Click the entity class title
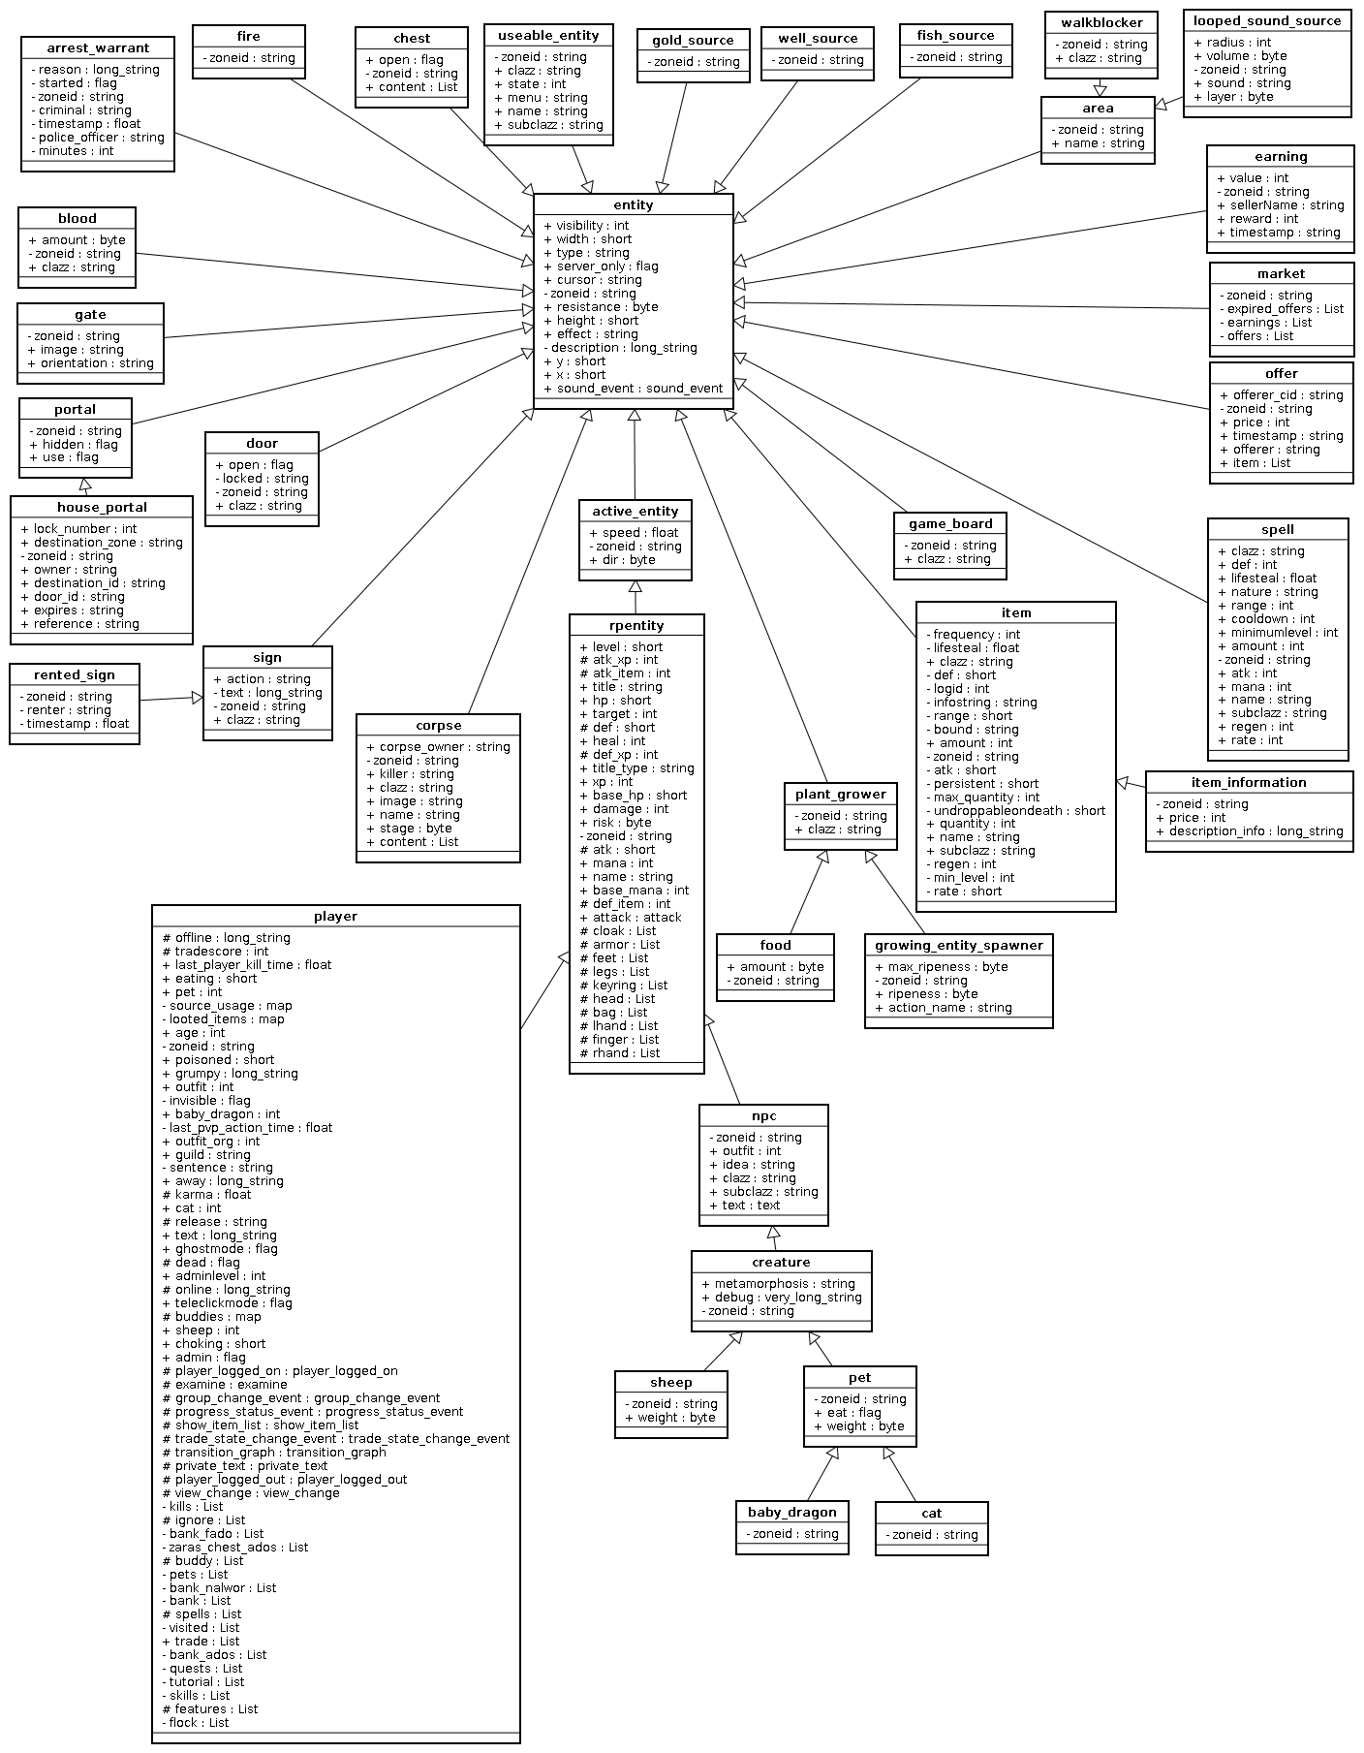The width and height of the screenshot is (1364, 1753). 634,204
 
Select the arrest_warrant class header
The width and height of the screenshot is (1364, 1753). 98,47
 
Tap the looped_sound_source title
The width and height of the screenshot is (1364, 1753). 1267,20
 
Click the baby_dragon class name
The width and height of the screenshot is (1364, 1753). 791,1512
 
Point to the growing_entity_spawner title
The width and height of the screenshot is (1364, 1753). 958,945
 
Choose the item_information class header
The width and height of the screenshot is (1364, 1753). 1249,782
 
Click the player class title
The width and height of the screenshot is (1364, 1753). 335,916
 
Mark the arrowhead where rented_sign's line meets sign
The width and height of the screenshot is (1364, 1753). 197,698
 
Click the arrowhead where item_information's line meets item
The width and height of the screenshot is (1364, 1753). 1123,781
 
